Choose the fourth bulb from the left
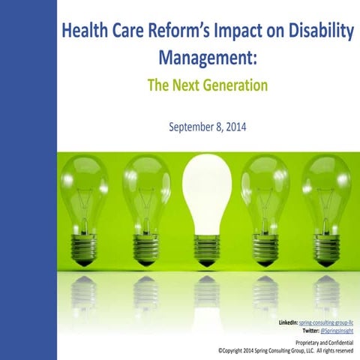point(266,195)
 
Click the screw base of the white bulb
point(207,247)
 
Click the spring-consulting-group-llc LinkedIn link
point(325,322)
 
